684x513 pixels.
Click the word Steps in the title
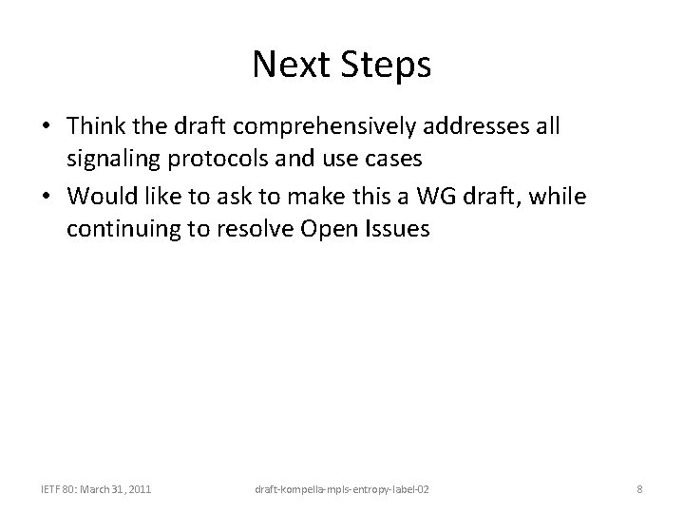[x=385, y=66]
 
